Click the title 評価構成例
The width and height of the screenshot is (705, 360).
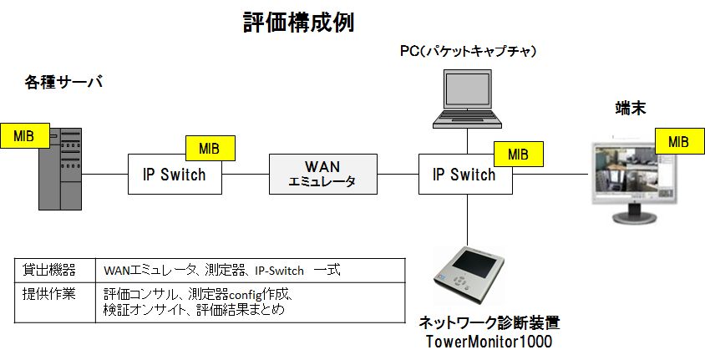pyautogui.click(x=298, y=23)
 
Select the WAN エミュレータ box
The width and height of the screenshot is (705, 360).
pyautogui.click(x=322, y=174)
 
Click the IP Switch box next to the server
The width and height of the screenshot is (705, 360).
pyautogui.click(x=175, y=175)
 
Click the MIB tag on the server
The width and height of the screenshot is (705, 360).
pyautogui.click(x=24, y=135)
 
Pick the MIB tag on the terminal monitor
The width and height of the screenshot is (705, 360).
pyautogui.click(x=678, y=141)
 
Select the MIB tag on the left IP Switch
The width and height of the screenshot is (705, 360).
pyautogui.click(x=209, y=150)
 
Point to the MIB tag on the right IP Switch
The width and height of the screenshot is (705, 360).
pyautogui.click(x=518, y=154)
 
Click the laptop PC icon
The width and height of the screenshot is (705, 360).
pyautogui.click(x=466, y=99)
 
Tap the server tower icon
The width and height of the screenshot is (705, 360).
pyautogui.click(x=63, y=169)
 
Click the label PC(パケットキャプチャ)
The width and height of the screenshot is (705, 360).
pyautogui.click(x=468, y=52)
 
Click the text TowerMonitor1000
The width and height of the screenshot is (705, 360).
pyautogui.click(x=489, y=342)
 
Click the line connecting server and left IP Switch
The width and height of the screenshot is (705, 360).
pyautogui.click(x=106, y=175)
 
